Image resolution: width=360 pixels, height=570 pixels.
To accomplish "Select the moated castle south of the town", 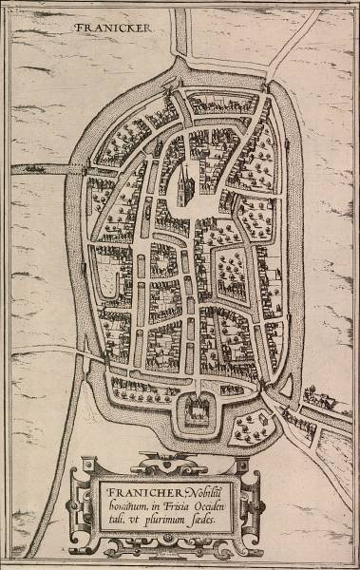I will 199,409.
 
